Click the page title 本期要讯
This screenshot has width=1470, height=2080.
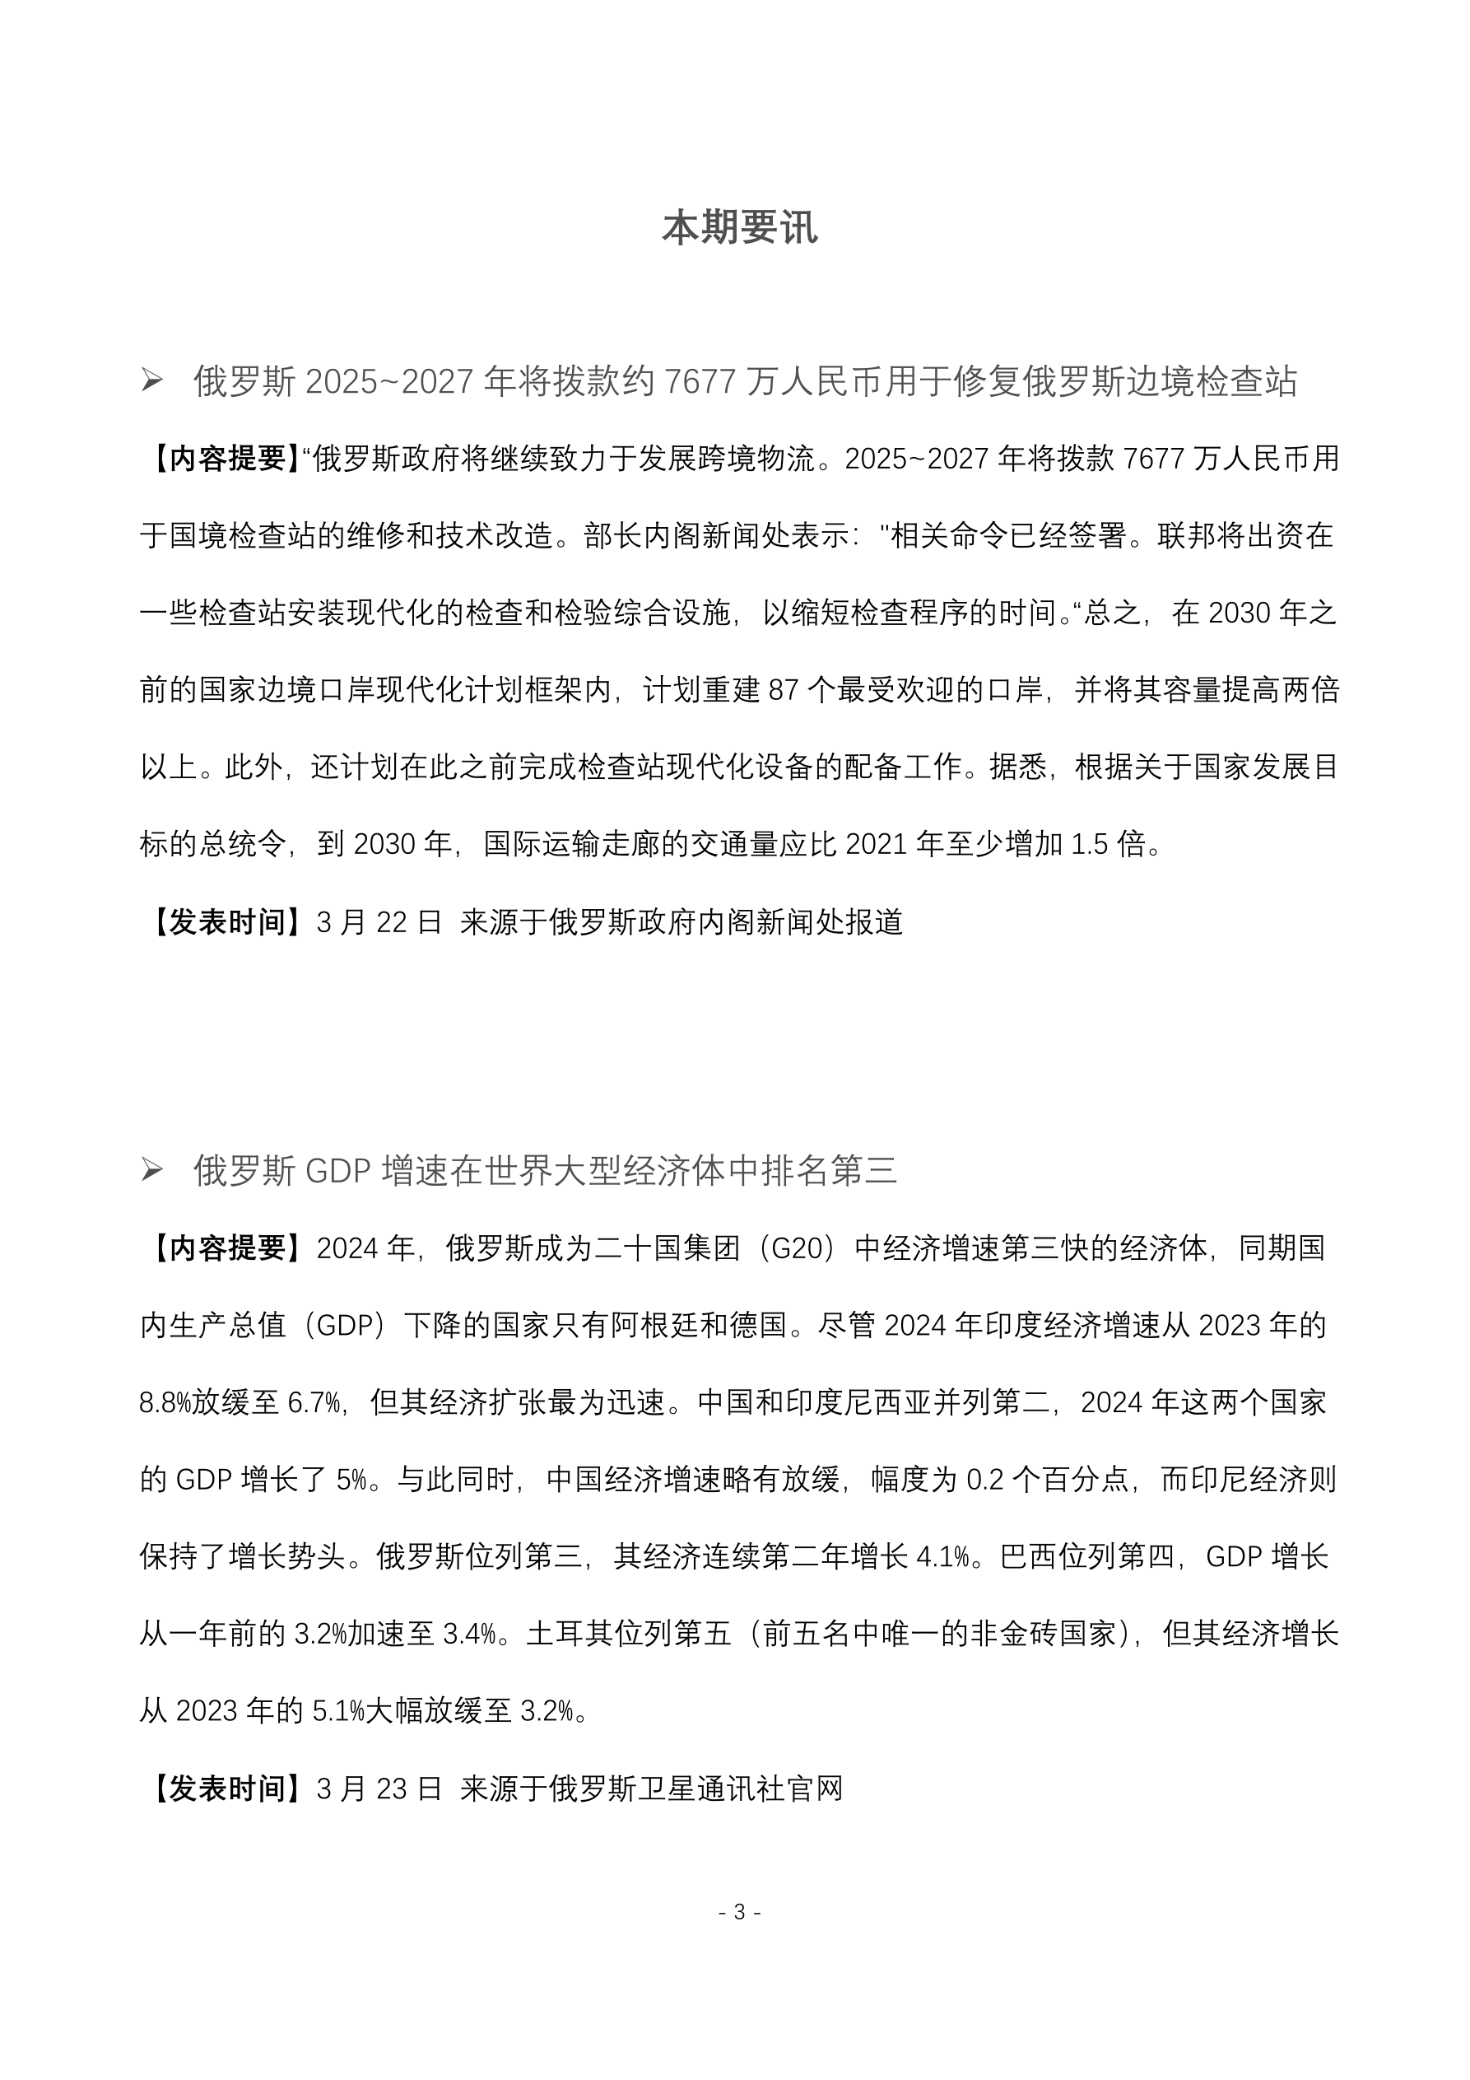tap(739, 228)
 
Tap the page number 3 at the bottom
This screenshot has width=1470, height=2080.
tap(739, 1911)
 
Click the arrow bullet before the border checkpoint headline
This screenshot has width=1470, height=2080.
tap(151, 381)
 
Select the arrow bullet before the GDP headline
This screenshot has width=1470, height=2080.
tap(151, 1170)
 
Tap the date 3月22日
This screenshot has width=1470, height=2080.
tap(379, 922)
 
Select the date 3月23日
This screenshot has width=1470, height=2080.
tap(379, 1789)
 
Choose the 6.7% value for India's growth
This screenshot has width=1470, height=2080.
tap(314, 1403)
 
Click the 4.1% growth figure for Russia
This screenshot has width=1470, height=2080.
tap(943, 1557)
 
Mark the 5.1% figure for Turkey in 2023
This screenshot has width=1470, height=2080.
tap(337, 1711)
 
